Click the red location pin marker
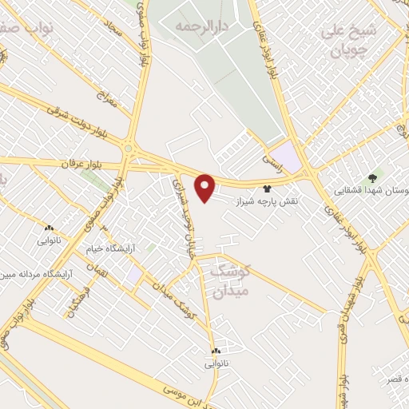coord(206,187)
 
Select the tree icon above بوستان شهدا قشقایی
coord(371,177)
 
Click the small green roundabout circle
coord(128,148)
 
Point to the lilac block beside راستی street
coord(286,154)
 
